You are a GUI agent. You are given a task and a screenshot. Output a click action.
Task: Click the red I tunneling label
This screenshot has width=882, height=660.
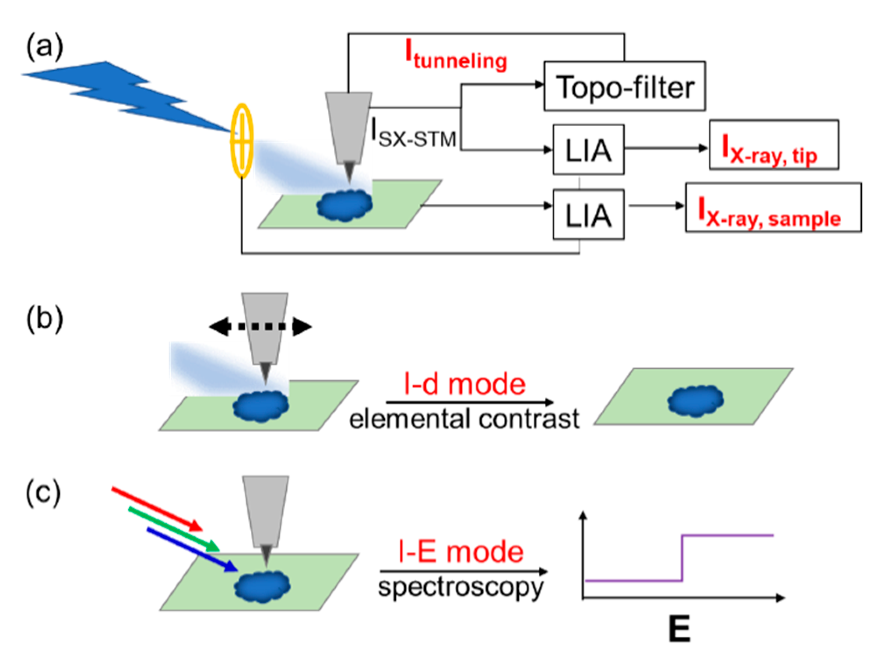[456, 55]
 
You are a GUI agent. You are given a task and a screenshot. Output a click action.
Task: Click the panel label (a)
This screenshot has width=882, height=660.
[44, 46]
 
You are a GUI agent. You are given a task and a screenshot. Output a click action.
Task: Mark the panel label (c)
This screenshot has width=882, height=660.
[43, 493]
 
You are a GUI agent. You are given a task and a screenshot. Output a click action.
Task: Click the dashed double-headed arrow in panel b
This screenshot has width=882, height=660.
[260, 327]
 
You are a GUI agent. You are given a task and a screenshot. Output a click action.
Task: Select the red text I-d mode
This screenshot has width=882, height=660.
[464, 384]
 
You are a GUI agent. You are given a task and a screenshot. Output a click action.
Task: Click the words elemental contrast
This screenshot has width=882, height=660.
[464, 419]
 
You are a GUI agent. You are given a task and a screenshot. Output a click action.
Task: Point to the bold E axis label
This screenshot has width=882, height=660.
[680, 629]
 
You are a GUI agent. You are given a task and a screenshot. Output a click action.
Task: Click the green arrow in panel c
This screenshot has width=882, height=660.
[174, 529]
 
